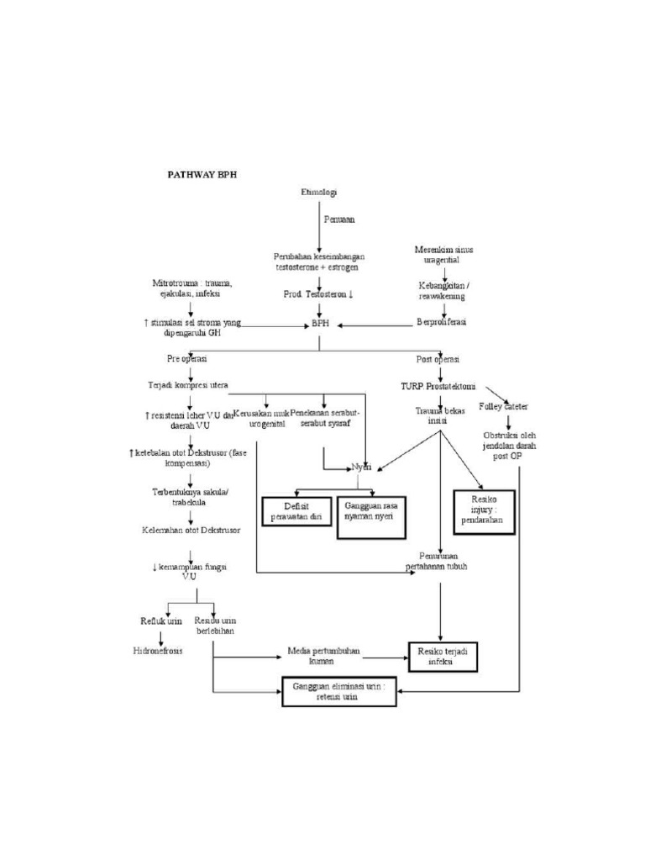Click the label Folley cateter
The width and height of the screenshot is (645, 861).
504,407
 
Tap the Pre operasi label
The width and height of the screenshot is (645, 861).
186,358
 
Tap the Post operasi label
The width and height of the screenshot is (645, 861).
438,359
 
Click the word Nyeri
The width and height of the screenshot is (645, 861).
361,467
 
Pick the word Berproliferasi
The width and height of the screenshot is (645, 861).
441,322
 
